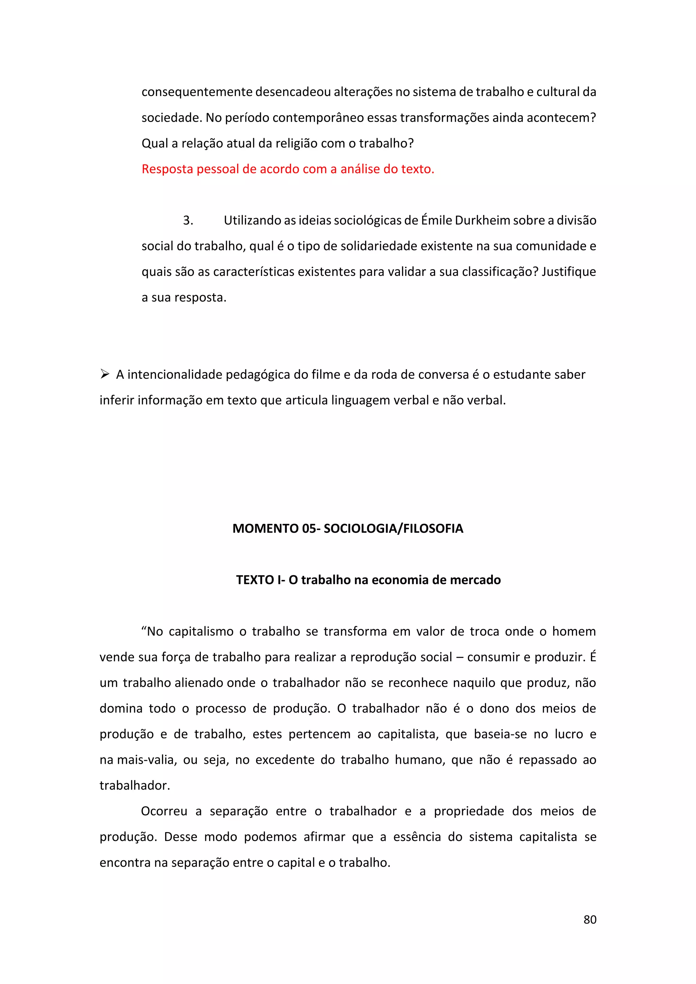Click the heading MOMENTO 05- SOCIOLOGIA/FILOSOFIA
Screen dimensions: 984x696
click(x=348, y=528)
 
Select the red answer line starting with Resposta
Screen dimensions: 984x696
click(x=288, y=169)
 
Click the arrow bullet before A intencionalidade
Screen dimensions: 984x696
click(x=105, y=374)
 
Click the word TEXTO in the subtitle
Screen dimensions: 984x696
click(x=255, y=580)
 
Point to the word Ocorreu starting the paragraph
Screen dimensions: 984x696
click(x=164, y=811)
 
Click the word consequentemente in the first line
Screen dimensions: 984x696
click(x=197, y=92)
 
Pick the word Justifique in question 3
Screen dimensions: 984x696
click(x=568, y=272)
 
